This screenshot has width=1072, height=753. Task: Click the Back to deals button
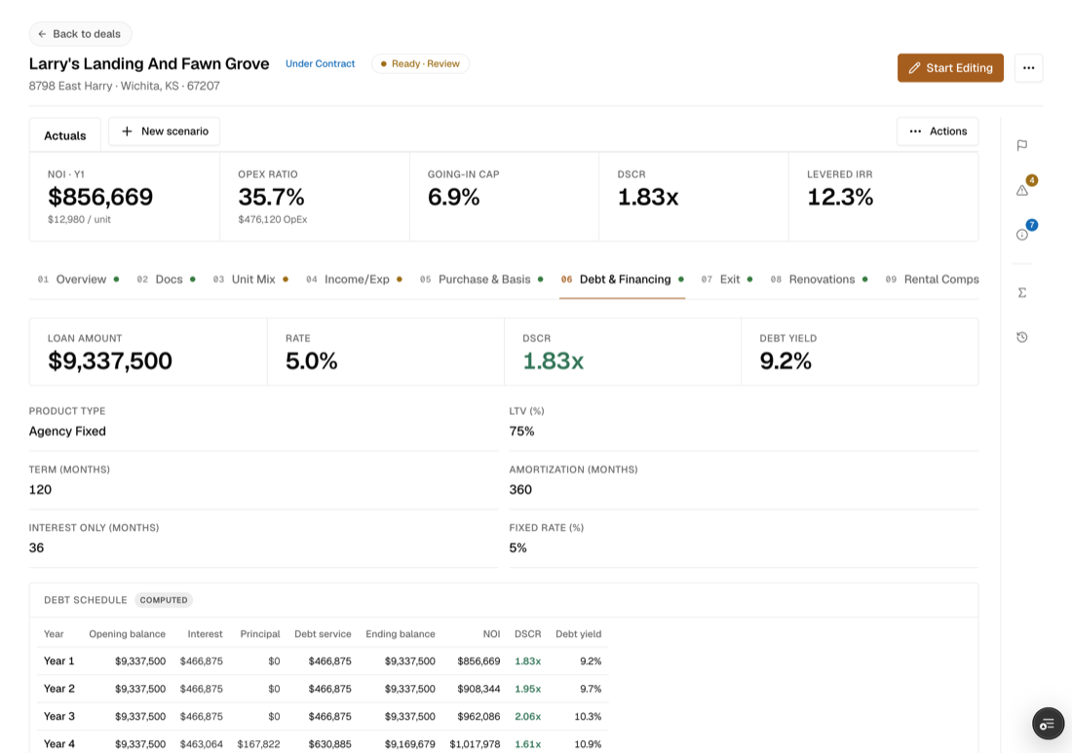[80, 33]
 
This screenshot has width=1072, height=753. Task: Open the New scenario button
[164, 132]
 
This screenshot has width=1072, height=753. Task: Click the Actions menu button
[938, 132]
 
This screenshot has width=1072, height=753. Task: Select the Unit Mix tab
[250, 280]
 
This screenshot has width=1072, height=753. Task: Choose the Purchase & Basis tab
[481, 280]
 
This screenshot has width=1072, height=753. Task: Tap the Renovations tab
[819, 280]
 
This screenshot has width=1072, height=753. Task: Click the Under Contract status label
[320, 63]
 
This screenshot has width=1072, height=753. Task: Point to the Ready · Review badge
[420, 63]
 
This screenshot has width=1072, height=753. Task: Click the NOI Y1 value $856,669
[100, 197]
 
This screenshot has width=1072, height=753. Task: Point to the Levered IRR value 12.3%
[840, 197]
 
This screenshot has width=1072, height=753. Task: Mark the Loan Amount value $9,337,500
[110, 360]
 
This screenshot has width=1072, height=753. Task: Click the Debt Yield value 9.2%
[785, 360]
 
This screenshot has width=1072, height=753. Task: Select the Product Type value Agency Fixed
[67, 432]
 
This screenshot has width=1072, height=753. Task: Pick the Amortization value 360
[520, 489]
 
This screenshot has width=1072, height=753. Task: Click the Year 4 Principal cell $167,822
[258, 744]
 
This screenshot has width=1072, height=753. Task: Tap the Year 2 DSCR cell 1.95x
[528, 689]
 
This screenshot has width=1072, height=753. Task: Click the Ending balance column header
[400, 634]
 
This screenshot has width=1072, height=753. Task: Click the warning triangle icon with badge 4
[1022, 189]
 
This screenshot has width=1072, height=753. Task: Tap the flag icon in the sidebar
[1022, 145]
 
